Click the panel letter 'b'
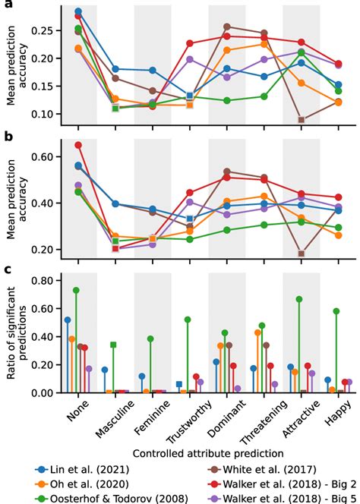pos(7,137)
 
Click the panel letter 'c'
pos(7,269)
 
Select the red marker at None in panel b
pos(78,145)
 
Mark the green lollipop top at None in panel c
pos(76,290)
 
